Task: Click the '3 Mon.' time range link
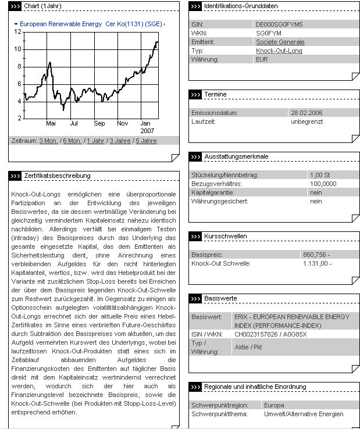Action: tap(49, 141)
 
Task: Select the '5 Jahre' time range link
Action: tap(145, 141)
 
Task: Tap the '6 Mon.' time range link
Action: tap(72, 141)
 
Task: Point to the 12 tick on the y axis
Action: tap(18, 31)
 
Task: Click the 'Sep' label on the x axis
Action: tap(99, 124)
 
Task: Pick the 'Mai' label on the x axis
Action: tap(51, 124)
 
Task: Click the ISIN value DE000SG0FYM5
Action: tap(279, 25)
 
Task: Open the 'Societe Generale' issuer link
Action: tap(280, 42)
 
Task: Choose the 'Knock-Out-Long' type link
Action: tap(279, 51)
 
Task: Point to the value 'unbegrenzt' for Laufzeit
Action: tap(306, 121)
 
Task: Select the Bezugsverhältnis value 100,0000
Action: tap(323, 184)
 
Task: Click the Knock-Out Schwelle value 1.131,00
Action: tap(318, 263)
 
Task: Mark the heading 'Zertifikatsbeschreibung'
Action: tap(57, 176)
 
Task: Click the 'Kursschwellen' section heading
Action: tap(226, 237)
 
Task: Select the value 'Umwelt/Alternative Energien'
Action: tap(303, 414)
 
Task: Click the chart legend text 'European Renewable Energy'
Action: tap(60, 24)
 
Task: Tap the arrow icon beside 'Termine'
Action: tap(195, 94)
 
